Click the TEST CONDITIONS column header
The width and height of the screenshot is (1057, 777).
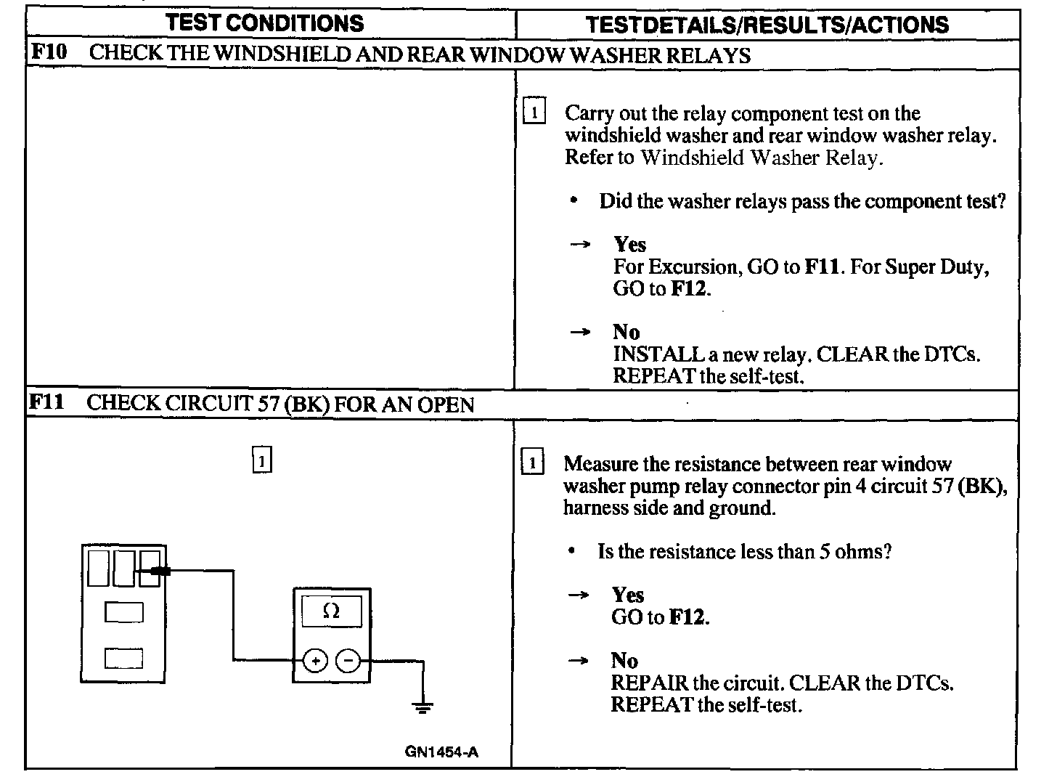[264, 23]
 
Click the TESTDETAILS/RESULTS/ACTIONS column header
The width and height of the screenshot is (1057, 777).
[767, 25]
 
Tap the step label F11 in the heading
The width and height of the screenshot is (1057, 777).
[47, 402]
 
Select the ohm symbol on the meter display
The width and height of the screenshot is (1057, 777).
[330, 611]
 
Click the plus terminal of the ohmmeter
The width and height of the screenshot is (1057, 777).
[315, 661]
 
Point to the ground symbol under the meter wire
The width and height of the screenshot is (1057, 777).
[423, 705]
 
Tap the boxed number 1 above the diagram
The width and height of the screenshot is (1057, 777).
[262, 461]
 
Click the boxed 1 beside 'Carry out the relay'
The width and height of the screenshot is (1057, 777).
[534, 113]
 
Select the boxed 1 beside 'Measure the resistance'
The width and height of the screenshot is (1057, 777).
[532, 463]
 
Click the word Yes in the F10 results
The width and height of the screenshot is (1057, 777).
[629, 244]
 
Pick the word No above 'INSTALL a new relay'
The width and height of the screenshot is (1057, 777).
[626, 332]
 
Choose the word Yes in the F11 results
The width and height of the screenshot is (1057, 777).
[627, 595]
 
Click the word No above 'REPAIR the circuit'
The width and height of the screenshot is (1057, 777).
[624, 660]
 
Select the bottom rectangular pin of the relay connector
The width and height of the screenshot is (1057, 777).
[123, 658]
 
